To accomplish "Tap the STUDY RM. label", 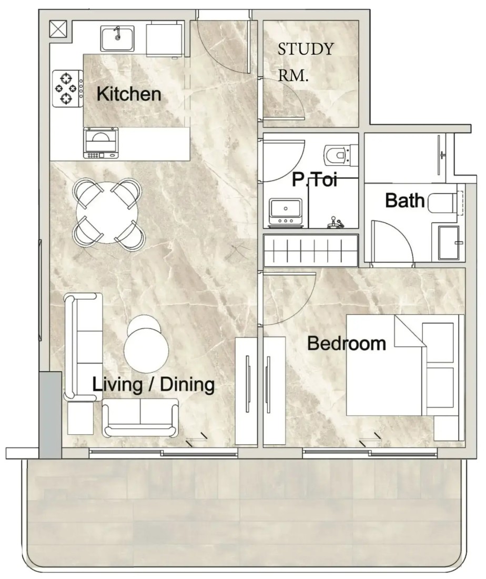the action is click(x=306, y=62).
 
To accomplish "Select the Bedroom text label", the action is click(x=347, y=343).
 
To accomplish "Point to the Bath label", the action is click(x=405, y=201).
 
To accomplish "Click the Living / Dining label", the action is click(x=153, y=384).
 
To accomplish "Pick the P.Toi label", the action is click(x=315, y=180).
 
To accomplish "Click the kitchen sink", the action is click(x=117, y=38).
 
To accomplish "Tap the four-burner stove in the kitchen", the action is click(x=67, y=88).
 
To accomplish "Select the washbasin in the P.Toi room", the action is click(x=286, y=212).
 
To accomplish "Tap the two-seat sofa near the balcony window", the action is click(x=140, y=417).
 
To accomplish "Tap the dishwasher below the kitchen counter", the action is click(x=101, y=143).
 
